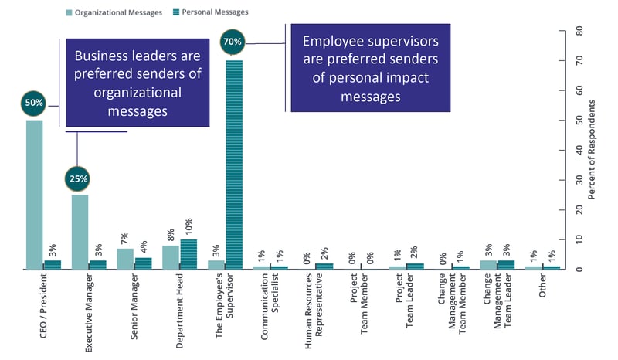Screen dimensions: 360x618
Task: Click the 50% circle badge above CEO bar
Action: click(34, 103)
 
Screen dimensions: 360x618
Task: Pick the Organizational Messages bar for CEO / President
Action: click(34, 194)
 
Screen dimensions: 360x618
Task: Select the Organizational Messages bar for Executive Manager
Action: click(80, 231)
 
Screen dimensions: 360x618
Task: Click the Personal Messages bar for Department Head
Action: click(188, 254)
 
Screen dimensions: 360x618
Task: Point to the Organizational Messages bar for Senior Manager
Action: click(125, 258)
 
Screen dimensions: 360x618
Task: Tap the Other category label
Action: click(542, 290)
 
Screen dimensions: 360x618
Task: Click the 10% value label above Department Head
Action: click(188, 226)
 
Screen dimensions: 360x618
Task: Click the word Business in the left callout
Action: click(104, 56)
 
